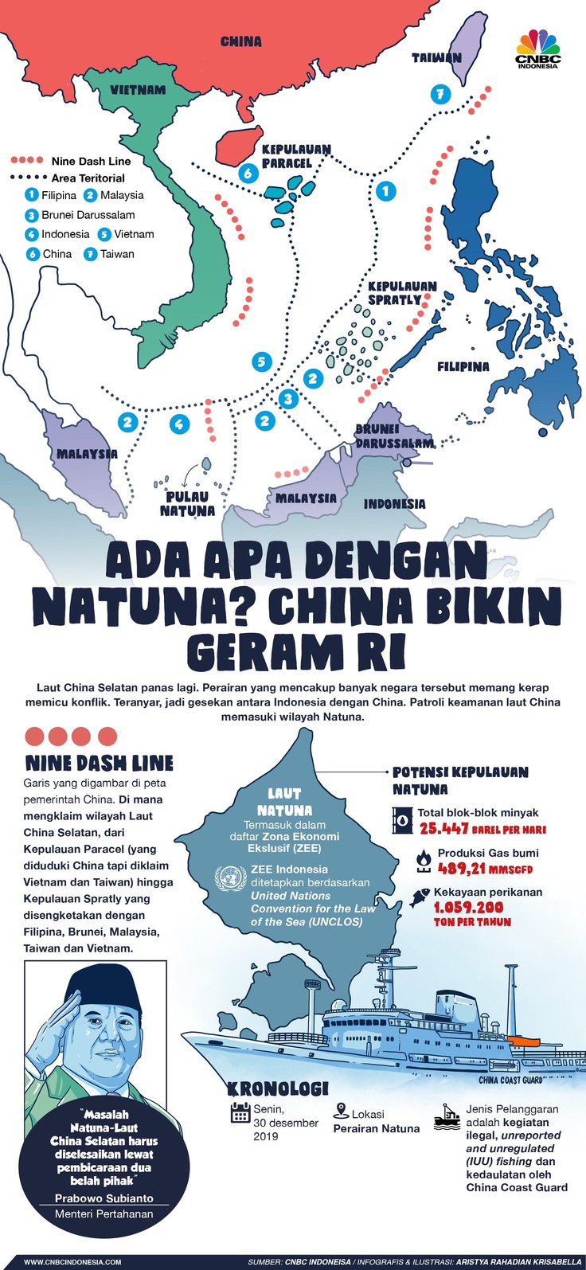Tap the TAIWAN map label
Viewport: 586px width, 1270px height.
(436, 57)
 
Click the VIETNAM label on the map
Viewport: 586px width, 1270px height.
(138, 90)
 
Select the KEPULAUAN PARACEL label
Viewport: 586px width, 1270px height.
(295, 156)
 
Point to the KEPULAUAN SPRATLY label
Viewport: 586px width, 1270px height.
(402, 293)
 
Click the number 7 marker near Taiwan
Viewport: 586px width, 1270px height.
(439, 94)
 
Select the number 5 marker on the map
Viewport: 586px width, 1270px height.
(262, 362)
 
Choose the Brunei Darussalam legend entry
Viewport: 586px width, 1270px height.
(80, 215)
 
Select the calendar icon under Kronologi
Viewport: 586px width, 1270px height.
(240, 1112)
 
